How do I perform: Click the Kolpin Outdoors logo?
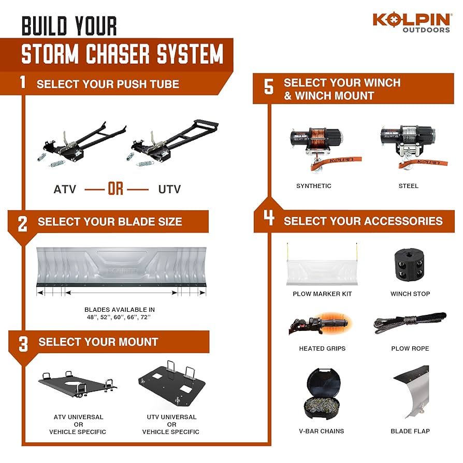click(x=412, y=22)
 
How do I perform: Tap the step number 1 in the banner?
click(x=22, y=83)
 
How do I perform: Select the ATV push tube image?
click(x=75, y=145)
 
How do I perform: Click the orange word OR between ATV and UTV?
click(x=116, y=189)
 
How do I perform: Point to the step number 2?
click(x=22, y=223)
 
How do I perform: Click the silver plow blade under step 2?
click(x=122, y=270)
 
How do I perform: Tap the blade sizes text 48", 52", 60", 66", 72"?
click(x=119, y=316)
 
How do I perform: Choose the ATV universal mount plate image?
click(x=78, y=385)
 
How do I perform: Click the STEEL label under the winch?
click(x=409, y=186)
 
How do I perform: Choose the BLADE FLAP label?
click(x=410, y=431)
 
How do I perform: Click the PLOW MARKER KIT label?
click(x=322, y=294)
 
